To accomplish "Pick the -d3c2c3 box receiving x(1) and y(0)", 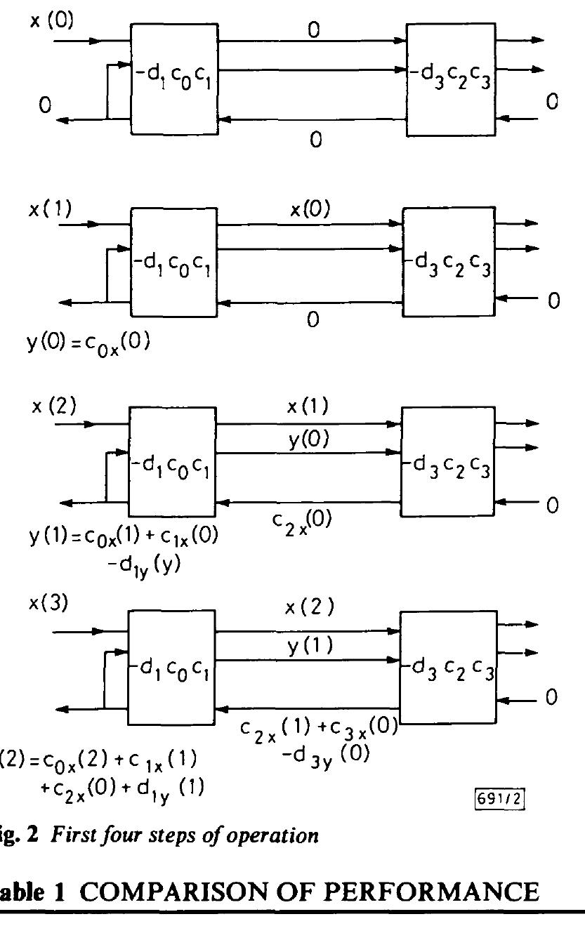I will (x=446, y=454).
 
